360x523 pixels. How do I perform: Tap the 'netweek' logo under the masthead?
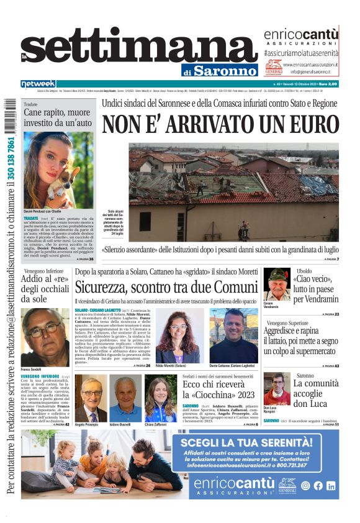point(38,84)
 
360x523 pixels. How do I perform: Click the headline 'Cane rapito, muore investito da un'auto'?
point(58,117)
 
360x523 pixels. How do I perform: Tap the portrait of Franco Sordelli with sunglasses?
point(45,337)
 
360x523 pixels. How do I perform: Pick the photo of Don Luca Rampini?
point(276,388)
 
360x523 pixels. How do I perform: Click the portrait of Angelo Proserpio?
point(91,398)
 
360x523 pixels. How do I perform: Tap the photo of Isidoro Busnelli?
point(125,398)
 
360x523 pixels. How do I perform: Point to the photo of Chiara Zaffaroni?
point(160,398)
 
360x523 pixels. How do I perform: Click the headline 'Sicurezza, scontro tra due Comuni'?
point(166,287)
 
